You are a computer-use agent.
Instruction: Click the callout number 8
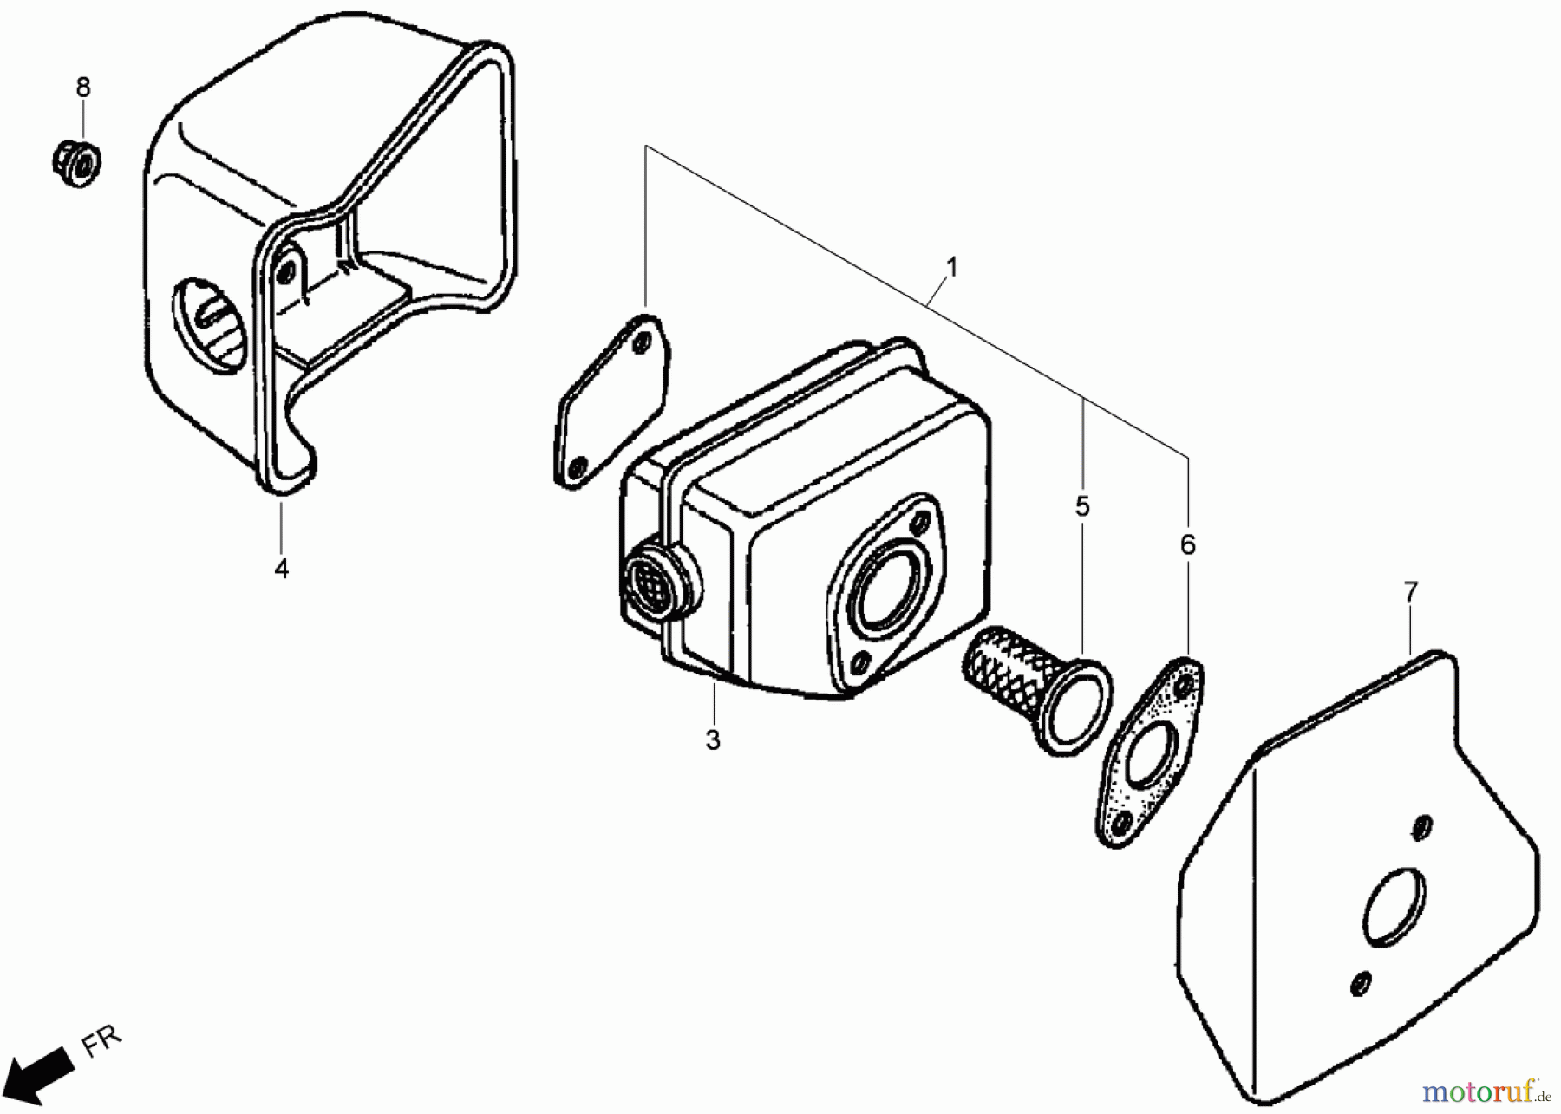click(83, 88)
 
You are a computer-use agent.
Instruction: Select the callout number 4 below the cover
click(281, 569)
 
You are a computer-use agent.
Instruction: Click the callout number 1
click(952, 268)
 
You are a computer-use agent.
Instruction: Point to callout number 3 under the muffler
click(712, 740)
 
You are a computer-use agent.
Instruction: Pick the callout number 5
click(1082, 506)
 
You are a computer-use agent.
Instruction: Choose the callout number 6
click(1187, 544)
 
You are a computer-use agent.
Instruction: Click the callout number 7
click(1411, 592)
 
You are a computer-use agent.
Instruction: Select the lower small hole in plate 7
click(1361, 983)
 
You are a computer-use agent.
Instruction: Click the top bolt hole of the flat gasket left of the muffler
click(641, 343)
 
